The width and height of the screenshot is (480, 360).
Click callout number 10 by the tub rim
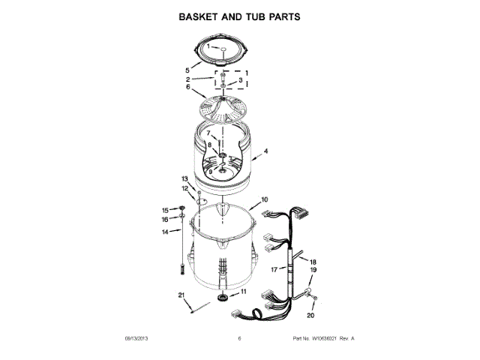(x=264, y=200)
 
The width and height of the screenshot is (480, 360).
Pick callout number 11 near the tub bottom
(x=242, y=291)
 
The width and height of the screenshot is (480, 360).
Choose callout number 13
(x=184, y=178)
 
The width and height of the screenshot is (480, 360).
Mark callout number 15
(x=166, y=209)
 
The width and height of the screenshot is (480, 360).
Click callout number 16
(x=166, y=220)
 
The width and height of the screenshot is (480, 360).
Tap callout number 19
(x=313, y=270)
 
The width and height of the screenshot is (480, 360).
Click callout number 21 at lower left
(x=181, y=295)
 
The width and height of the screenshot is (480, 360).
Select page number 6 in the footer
(x=238, y=339)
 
